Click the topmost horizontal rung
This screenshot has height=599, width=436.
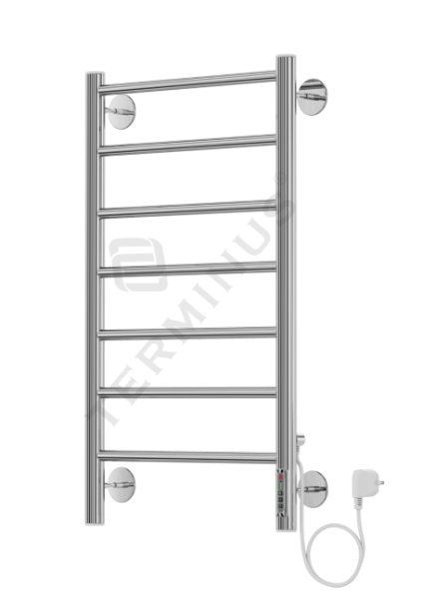pos(190,79)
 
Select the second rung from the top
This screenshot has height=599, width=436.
pos(190,143)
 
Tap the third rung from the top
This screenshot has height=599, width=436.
pos(190,207)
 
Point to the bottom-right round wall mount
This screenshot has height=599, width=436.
pos(314,489)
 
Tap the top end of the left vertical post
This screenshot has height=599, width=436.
pos(93,76)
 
